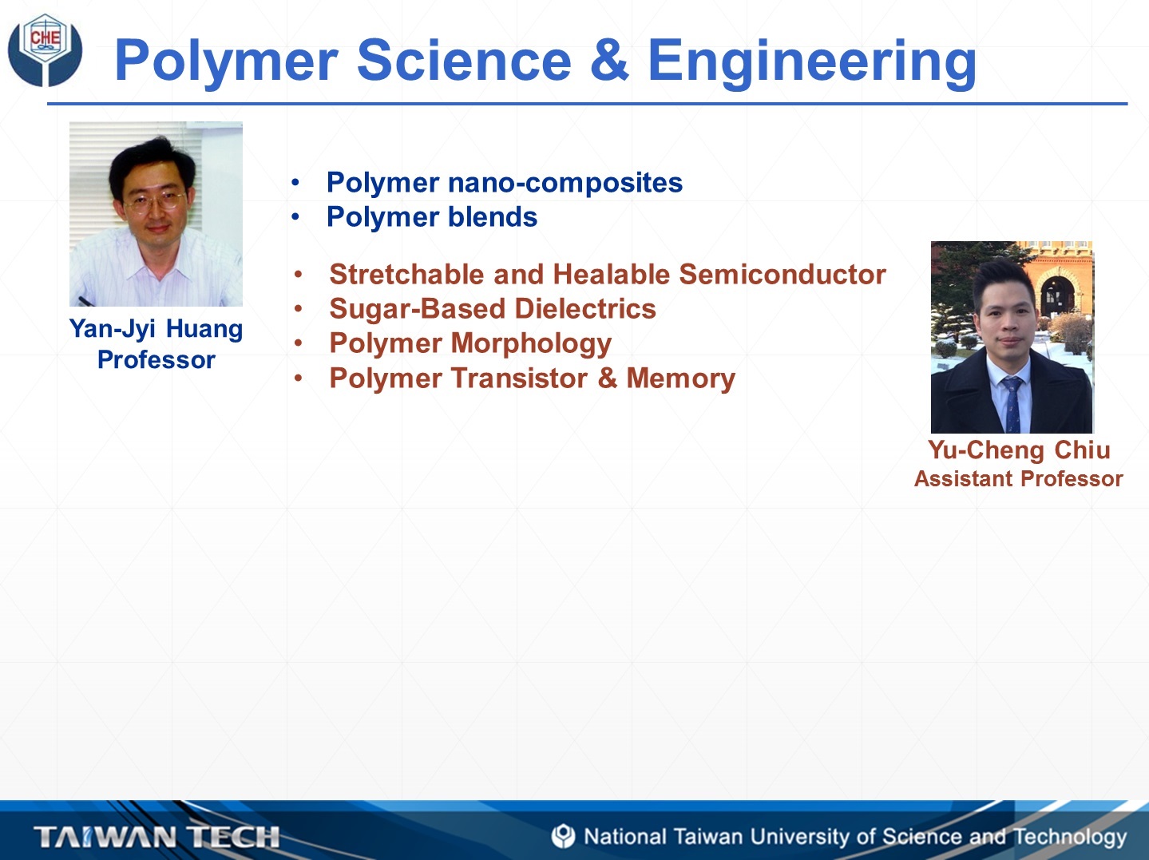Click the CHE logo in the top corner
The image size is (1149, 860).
tap(45, 50)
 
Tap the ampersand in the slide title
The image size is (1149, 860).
tap(608, 60)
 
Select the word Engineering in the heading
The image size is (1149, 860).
tap(812, 64)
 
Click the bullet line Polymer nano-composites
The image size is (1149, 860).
tap(505, 183)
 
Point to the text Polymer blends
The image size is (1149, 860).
tap(432, 216)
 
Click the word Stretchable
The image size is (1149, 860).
tap(406, 274)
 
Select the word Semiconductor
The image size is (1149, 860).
tap(783, 274)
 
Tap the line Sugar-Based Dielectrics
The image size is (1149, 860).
tap(493, 308)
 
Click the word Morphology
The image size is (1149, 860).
tap(531, 344)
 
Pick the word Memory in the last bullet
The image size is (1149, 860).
tap(680, 378)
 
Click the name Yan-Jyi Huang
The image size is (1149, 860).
tap(156, 329)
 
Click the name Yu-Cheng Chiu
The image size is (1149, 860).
tap(1019, 450)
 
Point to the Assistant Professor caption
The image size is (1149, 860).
tap(1019, 478)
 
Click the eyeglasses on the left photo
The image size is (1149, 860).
tap(155, 200)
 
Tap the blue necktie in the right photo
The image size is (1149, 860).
tap(1012, 404)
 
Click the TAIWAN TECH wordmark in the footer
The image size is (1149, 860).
tap(156, 836)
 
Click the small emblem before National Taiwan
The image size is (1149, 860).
tap(563, 836)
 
